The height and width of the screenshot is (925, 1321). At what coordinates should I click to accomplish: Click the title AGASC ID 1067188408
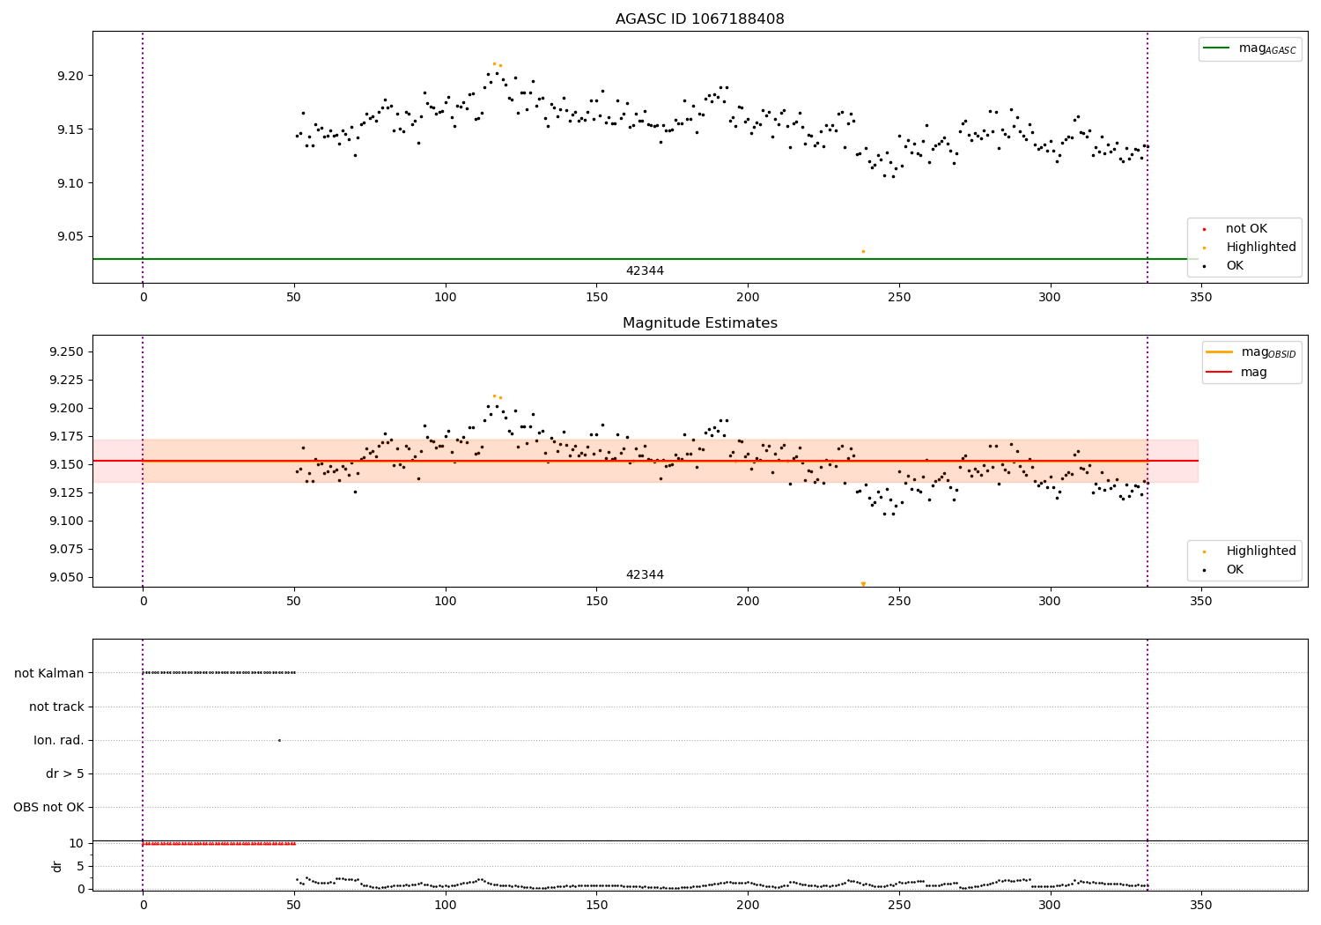tap(699, 19)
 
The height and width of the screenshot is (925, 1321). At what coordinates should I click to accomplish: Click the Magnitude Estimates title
tap(699, 323)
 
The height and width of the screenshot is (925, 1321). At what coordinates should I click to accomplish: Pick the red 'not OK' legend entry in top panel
tap(1245, 229)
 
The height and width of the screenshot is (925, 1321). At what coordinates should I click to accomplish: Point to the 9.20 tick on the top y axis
tap(70, 76)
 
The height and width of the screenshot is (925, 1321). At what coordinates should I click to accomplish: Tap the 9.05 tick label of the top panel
tap(70, 237)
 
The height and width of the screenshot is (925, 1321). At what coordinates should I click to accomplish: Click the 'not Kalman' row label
tap(49, 673)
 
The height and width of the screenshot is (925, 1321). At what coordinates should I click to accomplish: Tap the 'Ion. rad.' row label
tap(59, 740)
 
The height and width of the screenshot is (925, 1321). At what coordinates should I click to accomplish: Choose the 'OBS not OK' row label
tap(48, 807)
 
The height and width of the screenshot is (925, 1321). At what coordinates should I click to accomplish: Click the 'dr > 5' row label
tap(65, 773)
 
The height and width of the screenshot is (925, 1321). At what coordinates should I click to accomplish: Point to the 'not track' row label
tap(56, 707)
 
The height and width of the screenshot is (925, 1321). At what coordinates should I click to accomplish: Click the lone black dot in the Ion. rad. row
tap(279, 740)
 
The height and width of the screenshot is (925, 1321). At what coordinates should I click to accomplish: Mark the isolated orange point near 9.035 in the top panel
tap(863, 251)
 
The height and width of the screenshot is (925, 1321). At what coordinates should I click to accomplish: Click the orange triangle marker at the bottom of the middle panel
tap(863, 584)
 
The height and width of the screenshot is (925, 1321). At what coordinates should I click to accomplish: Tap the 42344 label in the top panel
tap(645, 271)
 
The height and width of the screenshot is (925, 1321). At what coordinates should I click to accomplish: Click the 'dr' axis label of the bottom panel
tap(57, 866)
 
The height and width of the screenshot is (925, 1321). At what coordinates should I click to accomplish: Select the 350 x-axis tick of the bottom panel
tap(1201, 904)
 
